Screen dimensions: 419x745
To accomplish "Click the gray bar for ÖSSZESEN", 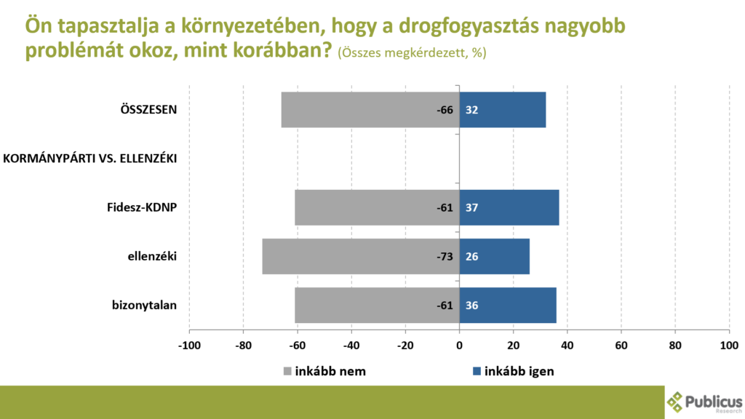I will [370, 110].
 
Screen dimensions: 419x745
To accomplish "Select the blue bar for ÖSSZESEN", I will [503, 110].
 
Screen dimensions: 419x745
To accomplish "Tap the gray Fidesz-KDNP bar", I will [377, 207].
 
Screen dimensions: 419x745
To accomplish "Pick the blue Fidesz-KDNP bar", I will [509, 207].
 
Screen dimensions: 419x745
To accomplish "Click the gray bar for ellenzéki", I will [361, 256].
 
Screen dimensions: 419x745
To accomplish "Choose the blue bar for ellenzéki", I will [495, 256].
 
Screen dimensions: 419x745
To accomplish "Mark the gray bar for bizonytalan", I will [377, 305].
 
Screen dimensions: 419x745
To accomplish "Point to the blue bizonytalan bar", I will [508, 305].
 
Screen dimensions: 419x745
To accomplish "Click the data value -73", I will [445, 256].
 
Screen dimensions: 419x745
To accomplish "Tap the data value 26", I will [471, 256].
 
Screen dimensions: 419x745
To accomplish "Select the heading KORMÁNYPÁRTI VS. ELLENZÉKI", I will [91, 158].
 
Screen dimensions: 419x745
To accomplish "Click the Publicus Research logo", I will [704, 402].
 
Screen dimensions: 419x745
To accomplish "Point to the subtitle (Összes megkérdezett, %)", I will [412, 53].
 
